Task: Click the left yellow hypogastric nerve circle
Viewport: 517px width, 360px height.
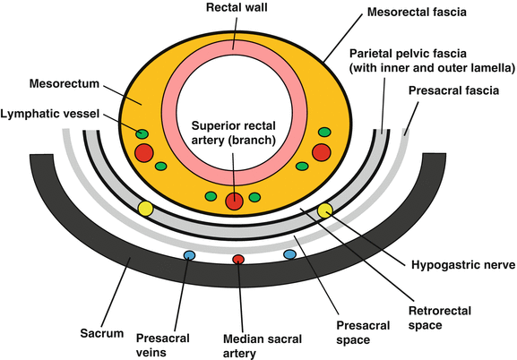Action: (x=145, y=210)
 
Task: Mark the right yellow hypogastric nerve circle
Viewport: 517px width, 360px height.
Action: (x=324, y=210)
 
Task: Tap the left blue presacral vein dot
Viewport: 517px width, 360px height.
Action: (x=189, y=255)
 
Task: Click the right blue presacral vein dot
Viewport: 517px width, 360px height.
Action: (x=289, y=254)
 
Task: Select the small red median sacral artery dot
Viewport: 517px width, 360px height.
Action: (x=238, y=260)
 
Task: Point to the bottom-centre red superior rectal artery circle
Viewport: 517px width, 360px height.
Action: (x=234, y=201)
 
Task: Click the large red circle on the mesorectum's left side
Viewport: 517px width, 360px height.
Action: (x=144, y=153)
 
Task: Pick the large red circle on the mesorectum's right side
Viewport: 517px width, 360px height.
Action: (x=321, y=153)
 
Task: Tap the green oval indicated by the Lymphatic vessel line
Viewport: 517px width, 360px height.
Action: (x=142, y=134)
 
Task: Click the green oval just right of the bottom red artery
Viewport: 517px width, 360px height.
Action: (x=254, y=196)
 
